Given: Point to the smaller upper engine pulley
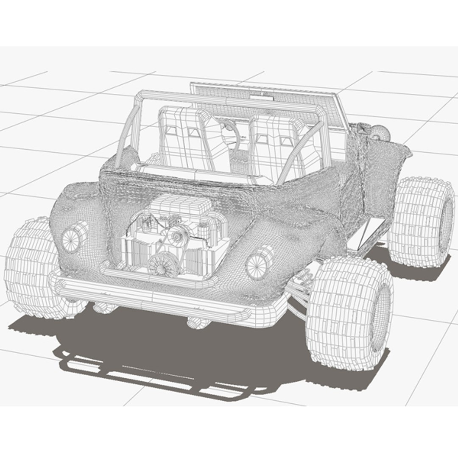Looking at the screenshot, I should pos(177,235).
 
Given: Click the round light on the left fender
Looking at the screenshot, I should pos(71,238).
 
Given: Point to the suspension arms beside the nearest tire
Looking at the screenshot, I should pos(299,288).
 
